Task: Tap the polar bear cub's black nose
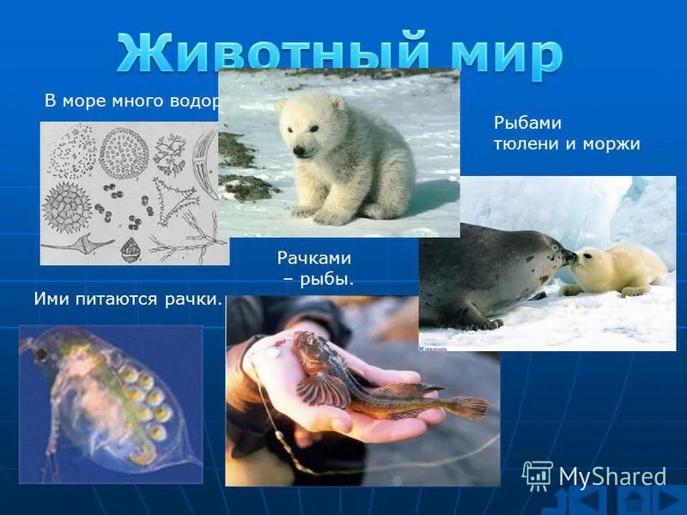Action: click(299, 151)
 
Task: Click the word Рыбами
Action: click(522, 123)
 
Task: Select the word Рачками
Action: click(314, 257)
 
